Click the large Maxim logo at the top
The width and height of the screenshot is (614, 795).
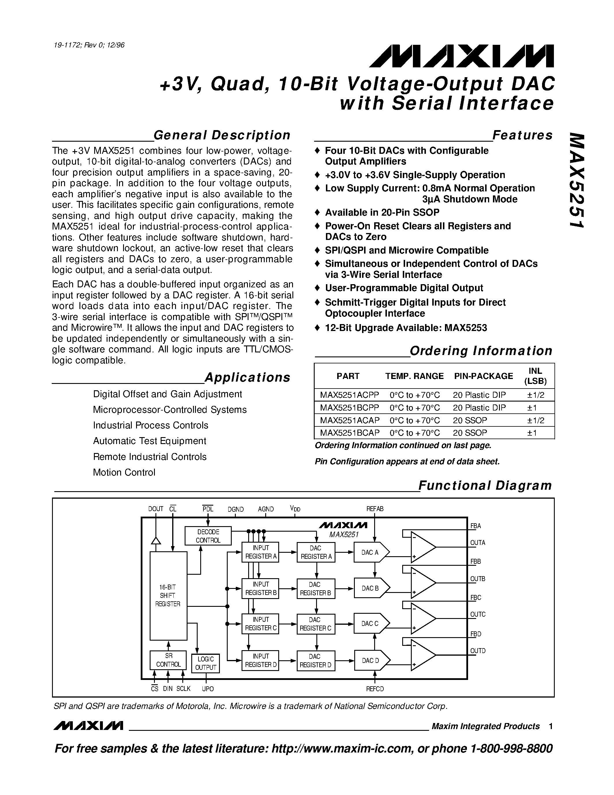point(461,57)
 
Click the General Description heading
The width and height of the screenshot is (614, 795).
point(222,135)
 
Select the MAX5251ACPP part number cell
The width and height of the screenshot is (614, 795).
point(349,395)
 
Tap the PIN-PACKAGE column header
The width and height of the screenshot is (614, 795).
point(483,376)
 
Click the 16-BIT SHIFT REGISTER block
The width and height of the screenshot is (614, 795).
point(168,596)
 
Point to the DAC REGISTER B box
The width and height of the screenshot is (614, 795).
point(315,589)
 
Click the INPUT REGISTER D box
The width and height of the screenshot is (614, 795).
point(260,660)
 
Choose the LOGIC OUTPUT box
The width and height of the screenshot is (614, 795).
point(205,663)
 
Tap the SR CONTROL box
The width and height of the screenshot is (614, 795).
point(168,660)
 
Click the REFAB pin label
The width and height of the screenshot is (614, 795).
point(375,509)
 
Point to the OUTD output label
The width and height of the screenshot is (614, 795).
point(478,651)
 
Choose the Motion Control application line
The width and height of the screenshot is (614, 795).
point(124,472)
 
